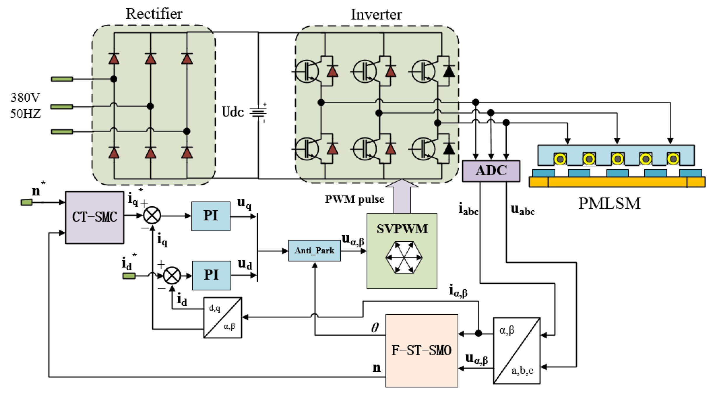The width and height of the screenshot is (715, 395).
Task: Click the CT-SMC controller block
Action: (94, 217)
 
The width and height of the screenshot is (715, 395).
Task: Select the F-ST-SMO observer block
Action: (421, 350)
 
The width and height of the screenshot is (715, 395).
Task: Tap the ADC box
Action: (491, 171)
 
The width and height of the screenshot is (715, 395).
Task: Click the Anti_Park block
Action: (314, 251)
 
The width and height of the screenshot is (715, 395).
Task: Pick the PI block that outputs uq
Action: (211, 216)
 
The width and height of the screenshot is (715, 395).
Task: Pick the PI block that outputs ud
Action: (211, 275)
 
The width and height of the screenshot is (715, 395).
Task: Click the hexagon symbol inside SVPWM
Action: (404, 257)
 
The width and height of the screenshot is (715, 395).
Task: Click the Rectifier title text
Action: (154, 14)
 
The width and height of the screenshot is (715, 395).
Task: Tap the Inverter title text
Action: (376, 14)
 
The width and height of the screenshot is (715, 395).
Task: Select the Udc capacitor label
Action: (233, 112)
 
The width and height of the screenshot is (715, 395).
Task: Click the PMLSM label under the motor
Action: (609, 203)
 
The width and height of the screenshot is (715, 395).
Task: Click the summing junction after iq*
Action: (152, 216)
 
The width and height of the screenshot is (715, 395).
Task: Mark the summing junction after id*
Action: (172, 275)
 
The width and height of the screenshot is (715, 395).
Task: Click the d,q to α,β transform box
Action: (222, 318)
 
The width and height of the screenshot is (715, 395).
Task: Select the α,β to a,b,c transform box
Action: (516, 350)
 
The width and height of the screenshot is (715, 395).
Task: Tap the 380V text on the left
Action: (25, 98)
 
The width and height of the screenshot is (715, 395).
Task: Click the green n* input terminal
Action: (27, 202)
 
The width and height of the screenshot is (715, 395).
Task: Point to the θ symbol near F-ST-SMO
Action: (375, 328)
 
